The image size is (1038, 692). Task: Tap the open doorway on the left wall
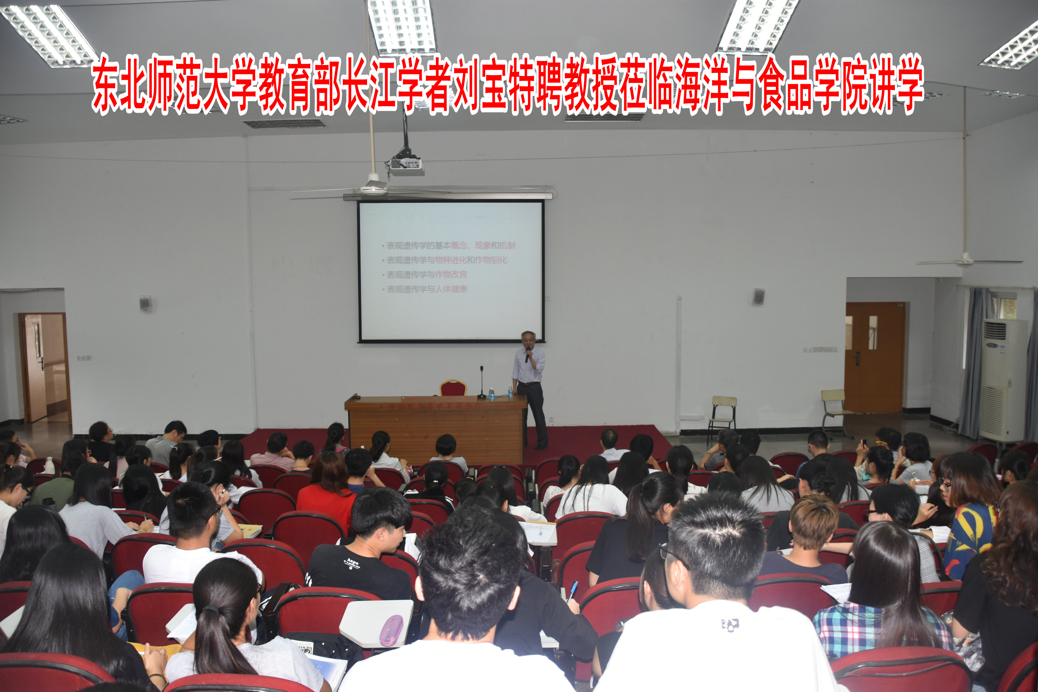point(44,366)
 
